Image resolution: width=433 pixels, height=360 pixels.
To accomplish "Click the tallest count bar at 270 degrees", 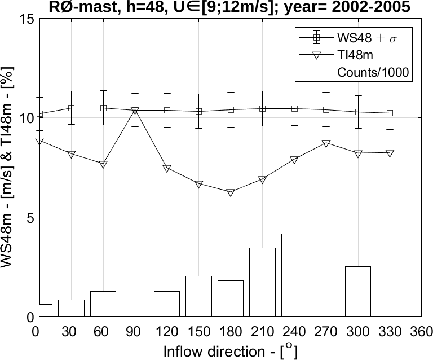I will click(x=326, y=262).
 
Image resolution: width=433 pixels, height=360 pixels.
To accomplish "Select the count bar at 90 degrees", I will click(x=135, y=286).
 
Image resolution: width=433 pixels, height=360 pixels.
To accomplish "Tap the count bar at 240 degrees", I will click(x=294, y=275).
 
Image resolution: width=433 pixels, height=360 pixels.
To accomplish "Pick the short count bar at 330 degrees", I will click(x=390, y=310).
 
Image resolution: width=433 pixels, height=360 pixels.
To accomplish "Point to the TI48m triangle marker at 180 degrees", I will click(x=231, y=193).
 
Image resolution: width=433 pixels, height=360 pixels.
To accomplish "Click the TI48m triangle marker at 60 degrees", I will click(x=103, y=165).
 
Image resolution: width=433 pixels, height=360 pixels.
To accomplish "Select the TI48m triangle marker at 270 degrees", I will click(x=326, y=144).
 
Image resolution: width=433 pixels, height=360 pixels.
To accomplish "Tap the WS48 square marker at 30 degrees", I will click(x=72, y=108).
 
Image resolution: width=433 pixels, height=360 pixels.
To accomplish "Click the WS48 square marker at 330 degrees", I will click(x=390, y=113).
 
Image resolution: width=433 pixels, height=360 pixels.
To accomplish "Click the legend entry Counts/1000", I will click(x=372, y=72).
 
